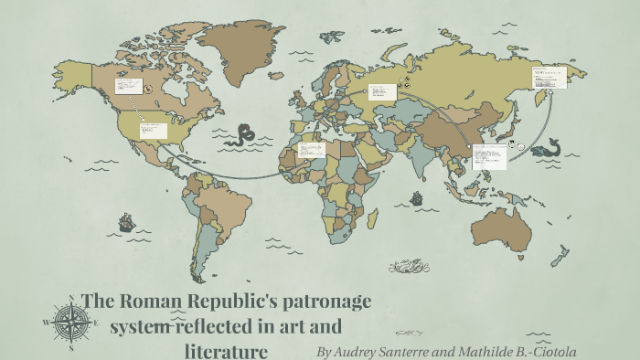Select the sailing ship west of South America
click(126, 222)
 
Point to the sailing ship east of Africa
click(416, 197)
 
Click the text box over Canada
click(127, 87)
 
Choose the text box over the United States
click(153, 129)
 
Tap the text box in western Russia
click(382, 91)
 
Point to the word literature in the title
click(226, 349)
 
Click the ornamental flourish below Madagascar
click(408, 266)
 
